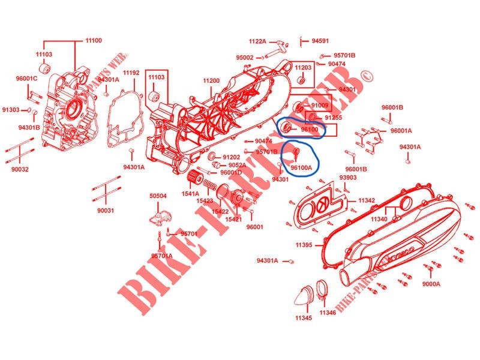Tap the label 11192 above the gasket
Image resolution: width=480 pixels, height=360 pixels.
131,73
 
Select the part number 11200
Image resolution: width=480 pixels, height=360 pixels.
211,80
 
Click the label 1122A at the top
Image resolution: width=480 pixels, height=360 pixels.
258,41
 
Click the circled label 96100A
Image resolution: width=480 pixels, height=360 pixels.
301,168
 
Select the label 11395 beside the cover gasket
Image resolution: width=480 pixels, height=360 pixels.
304,245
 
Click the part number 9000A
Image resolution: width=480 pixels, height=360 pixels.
431,283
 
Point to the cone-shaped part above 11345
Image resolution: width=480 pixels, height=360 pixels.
302,293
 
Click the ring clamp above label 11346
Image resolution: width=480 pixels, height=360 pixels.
323,290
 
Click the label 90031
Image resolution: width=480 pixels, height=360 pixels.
106,211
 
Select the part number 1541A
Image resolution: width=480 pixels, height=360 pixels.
190,193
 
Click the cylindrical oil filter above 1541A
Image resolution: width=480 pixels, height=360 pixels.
193,178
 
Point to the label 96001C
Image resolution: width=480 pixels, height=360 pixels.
26,79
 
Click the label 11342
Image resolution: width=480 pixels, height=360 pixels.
367,200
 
